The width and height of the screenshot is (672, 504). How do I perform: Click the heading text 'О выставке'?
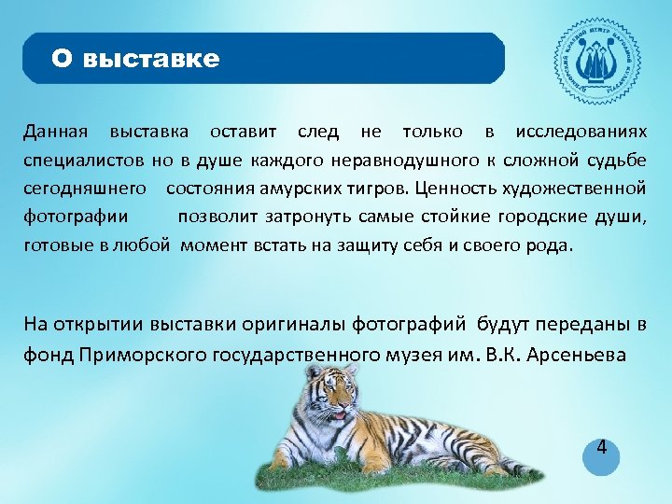135,60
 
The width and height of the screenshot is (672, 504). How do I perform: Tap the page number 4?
602,448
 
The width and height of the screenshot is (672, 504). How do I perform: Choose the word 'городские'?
540,217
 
